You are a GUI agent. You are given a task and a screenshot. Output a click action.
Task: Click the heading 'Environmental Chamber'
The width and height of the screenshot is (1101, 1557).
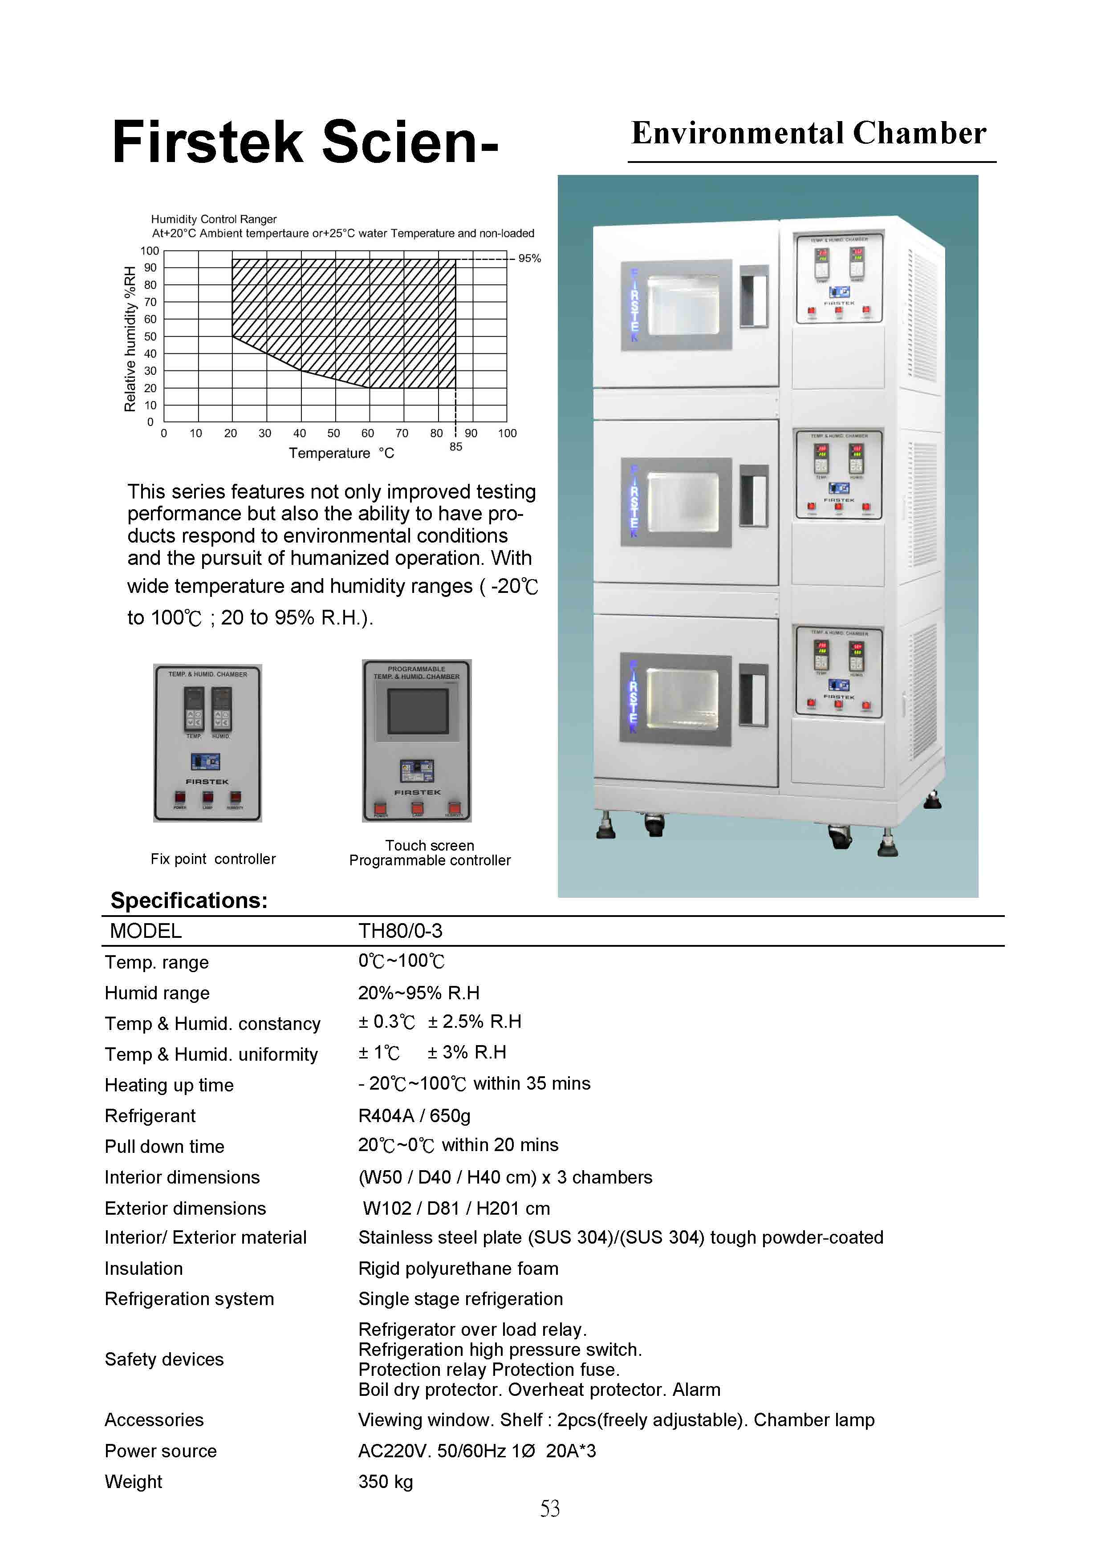click(x=808, y=134)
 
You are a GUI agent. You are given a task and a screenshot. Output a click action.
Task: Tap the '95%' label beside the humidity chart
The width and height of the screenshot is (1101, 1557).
click(x=529, y=258)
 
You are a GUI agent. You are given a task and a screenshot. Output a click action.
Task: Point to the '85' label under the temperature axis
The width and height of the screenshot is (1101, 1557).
click(x=456, y=447)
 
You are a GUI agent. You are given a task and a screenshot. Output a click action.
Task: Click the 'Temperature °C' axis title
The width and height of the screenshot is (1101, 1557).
click(x=341, y=453)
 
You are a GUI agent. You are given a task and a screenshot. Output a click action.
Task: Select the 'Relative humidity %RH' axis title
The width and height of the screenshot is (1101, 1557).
click(x=130, y=339)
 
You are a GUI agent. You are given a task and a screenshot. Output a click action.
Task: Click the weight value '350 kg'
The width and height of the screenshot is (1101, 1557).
click(x=385, y=1482)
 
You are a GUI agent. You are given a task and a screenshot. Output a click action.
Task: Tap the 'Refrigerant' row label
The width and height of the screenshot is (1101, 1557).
click(x=150, y=1115)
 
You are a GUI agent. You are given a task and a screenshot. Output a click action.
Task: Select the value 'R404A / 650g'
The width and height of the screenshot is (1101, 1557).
click(x=414, y=1115)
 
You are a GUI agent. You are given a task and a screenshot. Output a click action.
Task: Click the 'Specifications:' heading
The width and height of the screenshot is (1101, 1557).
click(x=189, y=900)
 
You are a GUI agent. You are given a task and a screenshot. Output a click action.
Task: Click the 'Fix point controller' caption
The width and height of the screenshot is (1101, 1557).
click(x=213, y=859)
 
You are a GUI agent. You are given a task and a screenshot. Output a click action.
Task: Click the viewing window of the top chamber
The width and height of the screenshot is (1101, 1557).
click(x=683, y=305)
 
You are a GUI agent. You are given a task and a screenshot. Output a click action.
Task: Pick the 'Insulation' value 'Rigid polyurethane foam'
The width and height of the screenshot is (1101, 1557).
click(x=459, y=1269)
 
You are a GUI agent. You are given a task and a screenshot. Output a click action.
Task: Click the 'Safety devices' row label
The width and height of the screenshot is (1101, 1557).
click(x=164, y=1360)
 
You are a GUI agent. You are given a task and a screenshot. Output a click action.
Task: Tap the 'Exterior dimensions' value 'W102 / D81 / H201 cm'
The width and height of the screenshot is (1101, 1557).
click(x=456, y=1208)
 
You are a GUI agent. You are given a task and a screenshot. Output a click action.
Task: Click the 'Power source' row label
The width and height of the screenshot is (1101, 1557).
click(x=161, y=1451)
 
